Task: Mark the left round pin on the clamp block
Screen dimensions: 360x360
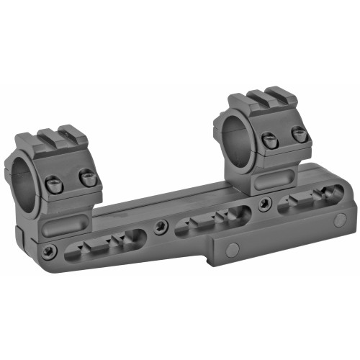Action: [232, 250]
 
